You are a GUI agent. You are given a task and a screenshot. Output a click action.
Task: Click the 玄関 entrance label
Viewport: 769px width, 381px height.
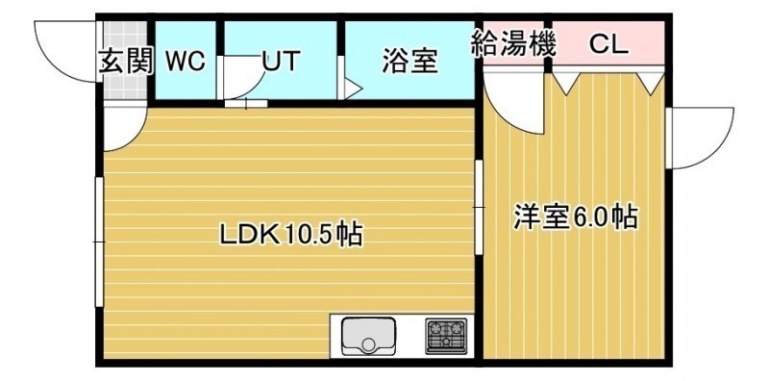coord(127,62)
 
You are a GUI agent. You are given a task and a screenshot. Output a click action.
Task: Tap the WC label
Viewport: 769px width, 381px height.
coord(186,62)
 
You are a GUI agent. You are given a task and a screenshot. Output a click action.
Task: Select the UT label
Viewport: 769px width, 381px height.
coord(281,62)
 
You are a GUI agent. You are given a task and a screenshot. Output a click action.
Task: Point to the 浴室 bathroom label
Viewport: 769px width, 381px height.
coord(410,62)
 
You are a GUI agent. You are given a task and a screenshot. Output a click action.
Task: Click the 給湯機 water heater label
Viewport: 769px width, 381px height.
coord(514,43)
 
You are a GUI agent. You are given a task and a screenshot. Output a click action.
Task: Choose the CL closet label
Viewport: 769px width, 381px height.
coord(608,44)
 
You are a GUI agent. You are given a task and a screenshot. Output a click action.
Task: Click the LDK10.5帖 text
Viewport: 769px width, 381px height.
coord(290,235)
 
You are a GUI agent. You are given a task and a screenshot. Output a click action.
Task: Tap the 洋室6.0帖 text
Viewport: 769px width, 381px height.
coord(576,216)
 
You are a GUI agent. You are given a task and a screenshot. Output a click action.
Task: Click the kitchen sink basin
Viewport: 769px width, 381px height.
coord(369,336)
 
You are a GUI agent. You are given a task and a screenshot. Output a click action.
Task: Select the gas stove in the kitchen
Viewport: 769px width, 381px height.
coord(446,336)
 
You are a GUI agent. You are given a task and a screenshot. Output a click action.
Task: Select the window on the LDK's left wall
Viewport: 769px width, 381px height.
coord(100,241)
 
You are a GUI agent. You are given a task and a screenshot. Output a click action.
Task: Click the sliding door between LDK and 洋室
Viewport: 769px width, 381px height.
coord(479,207)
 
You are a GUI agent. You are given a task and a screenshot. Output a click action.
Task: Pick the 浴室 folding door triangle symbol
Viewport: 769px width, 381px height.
coord(352,89)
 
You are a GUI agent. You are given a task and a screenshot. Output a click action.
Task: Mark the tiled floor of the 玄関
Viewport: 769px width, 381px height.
coord(125,61)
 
